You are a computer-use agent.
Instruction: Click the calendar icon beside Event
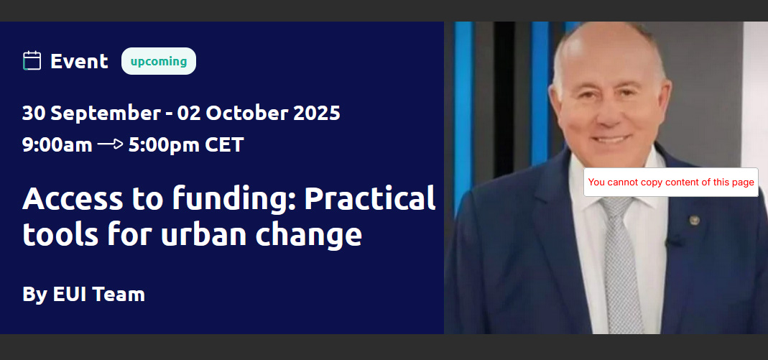[32, 61]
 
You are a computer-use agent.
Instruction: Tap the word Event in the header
[79, 61]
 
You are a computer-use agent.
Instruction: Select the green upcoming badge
[159, 61]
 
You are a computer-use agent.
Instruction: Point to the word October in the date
[246, 113]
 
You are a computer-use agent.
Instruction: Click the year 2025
[316, 113]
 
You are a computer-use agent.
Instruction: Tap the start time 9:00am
[57, 145]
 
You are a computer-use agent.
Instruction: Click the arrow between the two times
[110, 144]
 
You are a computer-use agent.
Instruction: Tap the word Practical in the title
[370, 198]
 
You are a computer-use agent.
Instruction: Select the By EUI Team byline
[84, 295]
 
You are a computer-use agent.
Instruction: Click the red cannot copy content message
[671, 183]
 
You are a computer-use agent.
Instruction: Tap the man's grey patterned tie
[621, 264]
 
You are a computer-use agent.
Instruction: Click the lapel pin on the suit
[694, 220]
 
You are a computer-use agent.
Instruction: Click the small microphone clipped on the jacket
[674, 241]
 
